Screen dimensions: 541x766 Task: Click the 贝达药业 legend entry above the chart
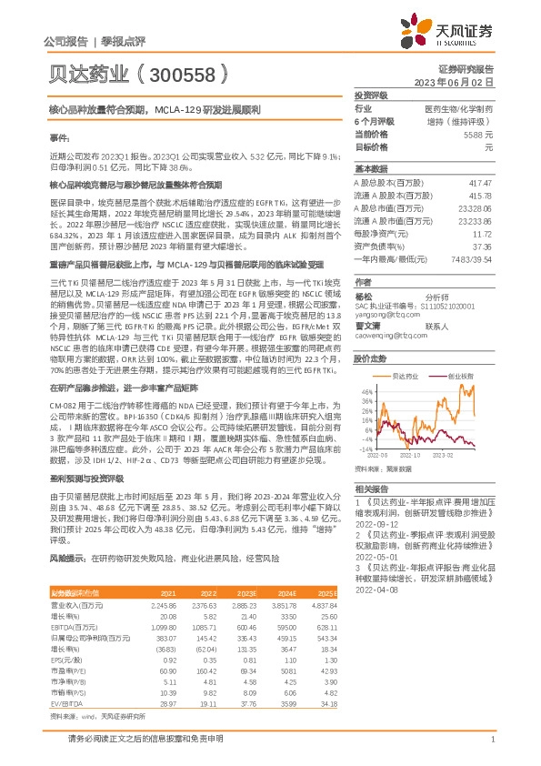tap(407, 375)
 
